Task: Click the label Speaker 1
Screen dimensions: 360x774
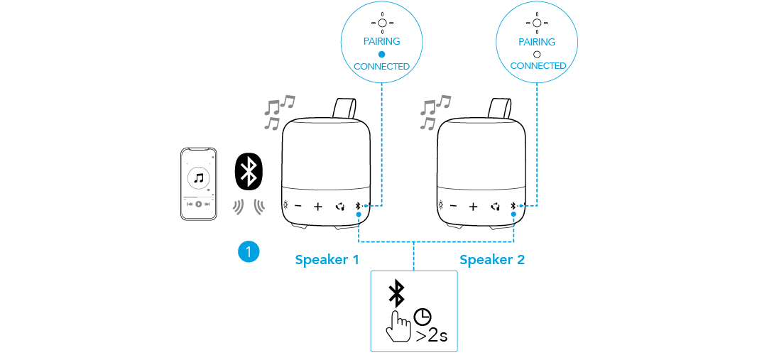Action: pos(327,260)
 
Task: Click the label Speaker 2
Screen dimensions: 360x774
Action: pos(492,260)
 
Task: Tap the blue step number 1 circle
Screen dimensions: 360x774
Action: pos(249,251)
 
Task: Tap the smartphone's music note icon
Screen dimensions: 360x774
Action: pos(199,177)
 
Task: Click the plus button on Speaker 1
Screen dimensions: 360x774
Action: pos(317,207)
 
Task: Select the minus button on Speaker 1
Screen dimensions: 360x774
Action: pos(298,207)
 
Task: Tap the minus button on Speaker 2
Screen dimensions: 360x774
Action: pos(454,207)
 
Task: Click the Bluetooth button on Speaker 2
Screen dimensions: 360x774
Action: pos(513,206)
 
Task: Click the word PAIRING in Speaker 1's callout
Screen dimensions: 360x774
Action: pos(381,41)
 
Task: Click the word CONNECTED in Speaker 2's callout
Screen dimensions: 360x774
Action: pos(538,65)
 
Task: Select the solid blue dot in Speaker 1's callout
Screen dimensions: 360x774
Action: pos(381,54)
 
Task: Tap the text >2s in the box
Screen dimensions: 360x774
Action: pos(432,335)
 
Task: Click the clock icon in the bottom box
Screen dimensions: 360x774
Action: pos(423,317)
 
